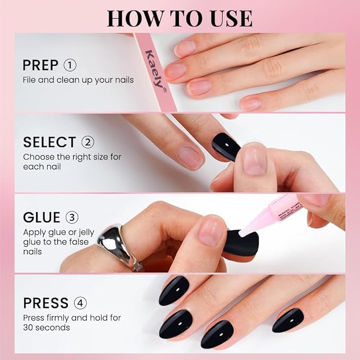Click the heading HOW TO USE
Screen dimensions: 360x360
pos(179,17)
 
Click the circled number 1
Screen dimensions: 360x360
pos(70,66)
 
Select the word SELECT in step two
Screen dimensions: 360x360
pos(49,142)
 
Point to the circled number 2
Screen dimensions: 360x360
pos(87,142)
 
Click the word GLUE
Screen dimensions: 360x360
pos(42,218)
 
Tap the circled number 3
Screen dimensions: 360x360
pos(72,218)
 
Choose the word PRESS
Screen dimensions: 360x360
pos(46,303)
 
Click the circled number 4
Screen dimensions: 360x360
pos(81,303)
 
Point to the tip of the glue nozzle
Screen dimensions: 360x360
pos(241,234)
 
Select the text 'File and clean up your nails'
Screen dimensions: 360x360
pos(78,80)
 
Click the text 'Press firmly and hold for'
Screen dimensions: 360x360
pos(72,318)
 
